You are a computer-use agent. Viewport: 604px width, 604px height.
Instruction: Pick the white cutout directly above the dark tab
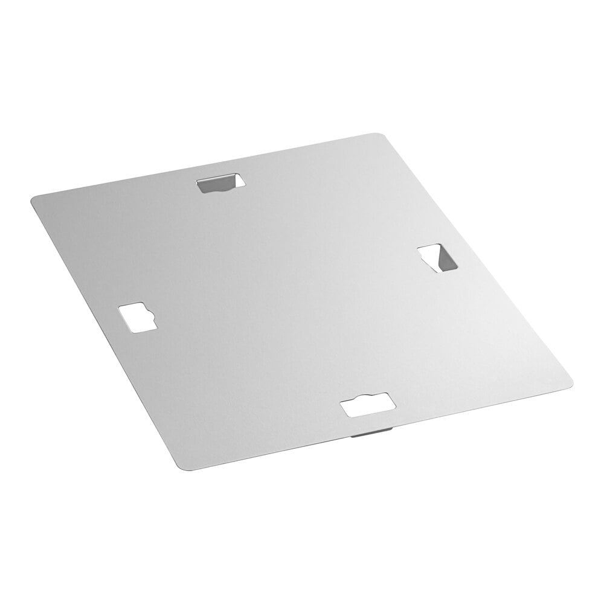click(367, 405)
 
